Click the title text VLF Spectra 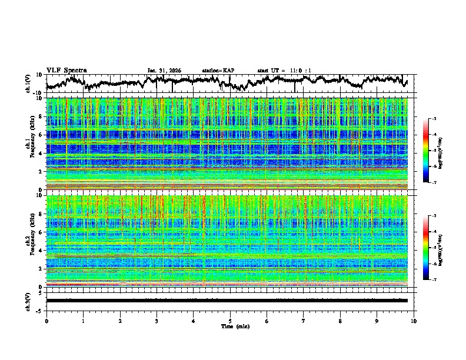[x=66, y=70]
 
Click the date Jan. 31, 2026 [x=164, y=71]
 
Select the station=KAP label [x=218, y=71]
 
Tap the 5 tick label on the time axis [x=230, y=321]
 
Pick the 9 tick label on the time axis [x=377, y=321]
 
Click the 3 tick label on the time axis [x=157, y=321]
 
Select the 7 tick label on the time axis [x=304, y=321]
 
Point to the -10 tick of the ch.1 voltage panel [x=37, y=93]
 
